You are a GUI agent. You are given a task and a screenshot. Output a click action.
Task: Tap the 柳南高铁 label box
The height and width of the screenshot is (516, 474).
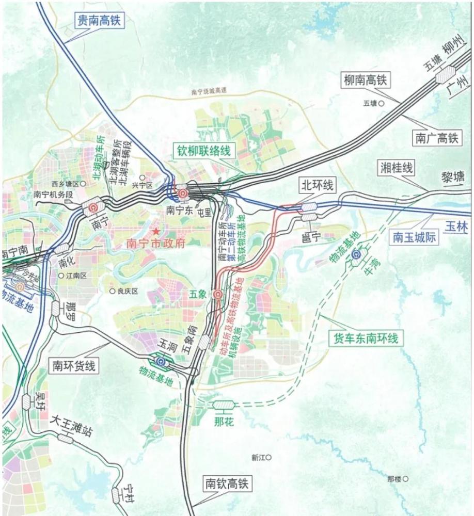[365, 80]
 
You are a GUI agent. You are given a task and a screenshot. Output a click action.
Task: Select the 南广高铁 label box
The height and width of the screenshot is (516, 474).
[436, 138]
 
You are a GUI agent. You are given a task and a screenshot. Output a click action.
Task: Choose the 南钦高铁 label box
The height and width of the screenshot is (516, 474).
[227, 483]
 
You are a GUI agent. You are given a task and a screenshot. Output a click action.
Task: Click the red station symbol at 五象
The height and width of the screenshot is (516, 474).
[218, 295]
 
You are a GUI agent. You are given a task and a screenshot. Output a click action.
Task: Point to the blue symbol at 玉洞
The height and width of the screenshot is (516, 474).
[162, 361]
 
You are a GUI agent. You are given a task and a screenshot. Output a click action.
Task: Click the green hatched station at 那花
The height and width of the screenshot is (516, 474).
[224, 406]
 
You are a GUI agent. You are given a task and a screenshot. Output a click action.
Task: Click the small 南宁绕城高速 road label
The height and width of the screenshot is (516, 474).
[209, 91]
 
